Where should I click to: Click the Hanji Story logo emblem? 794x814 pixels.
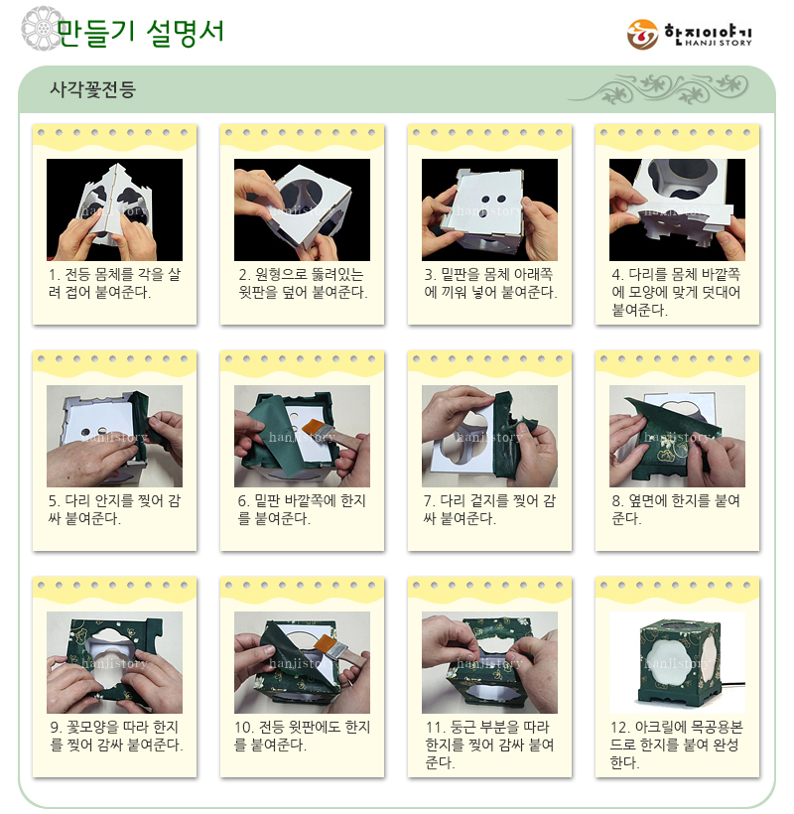coord(642,35)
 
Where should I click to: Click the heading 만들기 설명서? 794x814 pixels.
coord(140,32)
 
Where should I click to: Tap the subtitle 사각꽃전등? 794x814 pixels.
coord(93,89)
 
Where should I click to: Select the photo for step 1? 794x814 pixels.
coord(115,209)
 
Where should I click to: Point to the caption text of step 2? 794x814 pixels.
coord(303,284)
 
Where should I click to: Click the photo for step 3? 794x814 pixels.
coord(489,209)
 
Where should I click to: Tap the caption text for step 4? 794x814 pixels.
coord(676,292)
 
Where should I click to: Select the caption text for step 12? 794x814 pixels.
coord(676,745)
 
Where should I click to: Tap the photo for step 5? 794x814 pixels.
coord(115,436)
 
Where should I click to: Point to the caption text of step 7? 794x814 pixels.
coord(489,510)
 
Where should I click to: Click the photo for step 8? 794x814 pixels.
coord(677,436)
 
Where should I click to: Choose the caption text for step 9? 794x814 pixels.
coord(116,737)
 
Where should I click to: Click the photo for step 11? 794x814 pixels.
coord(489,662)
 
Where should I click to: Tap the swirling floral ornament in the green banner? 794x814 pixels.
coord(659,88)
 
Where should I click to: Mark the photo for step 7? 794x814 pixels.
coord(489,436)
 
